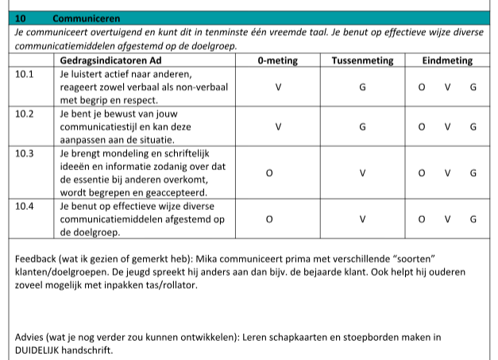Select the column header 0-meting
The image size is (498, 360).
278,61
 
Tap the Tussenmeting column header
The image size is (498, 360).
362,61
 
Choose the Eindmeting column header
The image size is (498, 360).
446,61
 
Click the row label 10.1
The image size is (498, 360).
25,74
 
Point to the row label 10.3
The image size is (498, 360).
25,153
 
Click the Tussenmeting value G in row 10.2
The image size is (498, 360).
362,126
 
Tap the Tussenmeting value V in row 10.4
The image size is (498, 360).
362,219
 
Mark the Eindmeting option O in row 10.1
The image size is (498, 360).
421,87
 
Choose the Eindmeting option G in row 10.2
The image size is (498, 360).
473,126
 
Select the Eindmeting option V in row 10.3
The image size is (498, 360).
447,172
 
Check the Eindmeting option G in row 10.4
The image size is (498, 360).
473,219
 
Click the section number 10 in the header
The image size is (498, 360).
21,17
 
